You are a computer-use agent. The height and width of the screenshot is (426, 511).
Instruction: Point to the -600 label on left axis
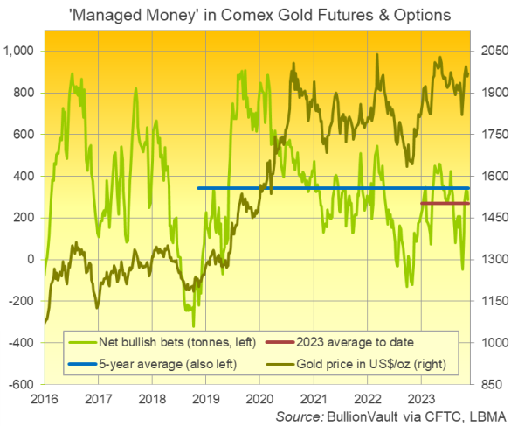[24, 384]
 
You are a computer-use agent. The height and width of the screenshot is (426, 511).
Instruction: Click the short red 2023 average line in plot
[445, 204]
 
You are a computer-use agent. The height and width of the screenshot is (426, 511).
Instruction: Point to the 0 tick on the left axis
[32, 260]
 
